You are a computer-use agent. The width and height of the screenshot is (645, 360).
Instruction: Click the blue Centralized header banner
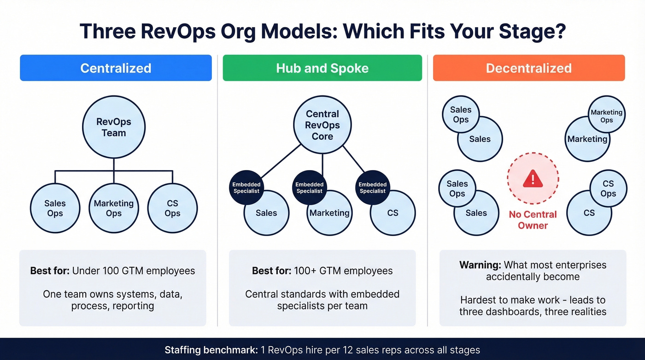point(116,68)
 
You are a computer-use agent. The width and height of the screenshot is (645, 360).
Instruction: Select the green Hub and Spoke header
point(322,68)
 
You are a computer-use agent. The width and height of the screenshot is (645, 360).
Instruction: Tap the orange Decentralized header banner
point(528,68)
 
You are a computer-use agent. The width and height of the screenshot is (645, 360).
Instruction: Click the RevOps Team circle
point(113,128)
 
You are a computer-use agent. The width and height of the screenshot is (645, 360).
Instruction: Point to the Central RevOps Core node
point(322,125)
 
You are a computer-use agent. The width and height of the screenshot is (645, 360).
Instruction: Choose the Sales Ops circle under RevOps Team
point(55,208)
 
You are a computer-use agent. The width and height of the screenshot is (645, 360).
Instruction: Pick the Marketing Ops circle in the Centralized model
point(113,208)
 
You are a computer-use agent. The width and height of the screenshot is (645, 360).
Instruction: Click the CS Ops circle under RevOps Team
point(172,208)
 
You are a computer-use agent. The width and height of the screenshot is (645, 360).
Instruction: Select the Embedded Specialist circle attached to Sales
point(246,188)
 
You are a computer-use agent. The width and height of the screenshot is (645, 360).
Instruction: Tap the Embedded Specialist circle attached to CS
point(372,188)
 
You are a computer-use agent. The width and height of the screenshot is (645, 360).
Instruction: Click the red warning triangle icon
point(533,178)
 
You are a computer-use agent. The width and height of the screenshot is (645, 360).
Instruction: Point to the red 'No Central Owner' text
point(533,220)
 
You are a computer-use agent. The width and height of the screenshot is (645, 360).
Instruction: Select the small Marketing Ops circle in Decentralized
point(606,116)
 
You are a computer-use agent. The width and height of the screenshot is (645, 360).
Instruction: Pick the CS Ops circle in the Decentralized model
point(608,189)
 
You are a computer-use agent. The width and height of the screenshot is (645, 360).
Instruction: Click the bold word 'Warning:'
point(480,265)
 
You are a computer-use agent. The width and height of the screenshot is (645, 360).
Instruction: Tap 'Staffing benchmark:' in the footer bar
point(210,350)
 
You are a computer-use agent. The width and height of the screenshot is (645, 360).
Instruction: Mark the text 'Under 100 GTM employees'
point(134,271)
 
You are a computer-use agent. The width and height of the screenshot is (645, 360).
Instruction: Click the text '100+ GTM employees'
point(343,271)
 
